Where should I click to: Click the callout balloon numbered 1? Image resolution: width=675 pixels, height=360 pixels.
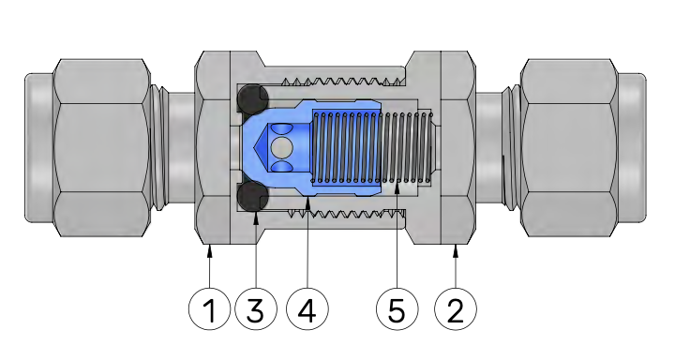pos(209,309)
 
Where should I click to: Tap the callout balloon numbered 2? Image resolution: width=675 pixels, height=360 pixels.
pos(456,309)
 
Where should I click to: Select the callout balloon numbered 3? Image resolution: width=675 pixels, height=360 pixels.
pos(256,309)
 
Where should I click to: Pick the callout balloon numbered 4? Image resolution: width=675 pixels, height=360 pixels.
pos(307,309)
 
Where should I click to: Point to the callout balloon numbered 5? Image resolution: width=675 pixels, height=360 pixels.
pos(397,309)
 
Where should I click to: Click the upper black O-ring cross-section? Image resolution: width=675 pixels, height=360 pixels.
pos(253,98)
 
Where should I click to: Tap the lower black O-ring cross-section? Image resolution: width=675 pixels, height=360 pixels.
pos(253,197)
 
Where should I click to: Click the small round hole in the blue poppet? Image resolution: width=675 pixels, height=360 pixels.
pos(282,148)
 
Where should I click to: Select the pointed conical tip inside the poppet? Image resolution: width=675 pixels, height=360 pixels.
pos(262,148)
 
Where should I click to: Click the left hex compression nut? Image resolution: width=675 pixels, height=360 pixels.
pos(101,148)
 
